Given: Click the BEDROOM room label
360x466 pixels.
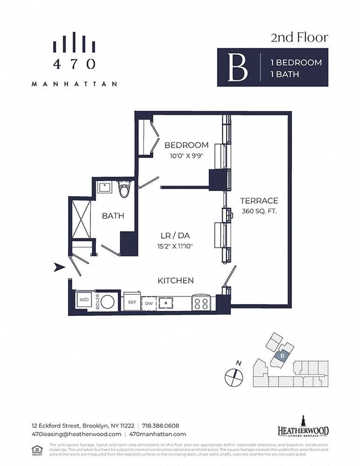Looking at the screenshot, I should [186, 145].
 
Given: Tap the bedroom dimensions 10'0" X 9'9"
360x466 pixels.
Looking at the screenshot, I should [186, 156].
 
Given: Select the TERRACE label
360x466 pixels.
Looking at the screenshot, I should [259, 201].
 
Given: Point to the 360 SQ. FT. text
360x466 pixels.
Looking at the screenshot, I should [259, 211].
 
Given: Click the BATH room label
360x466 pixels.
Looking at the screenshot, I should [112, 216].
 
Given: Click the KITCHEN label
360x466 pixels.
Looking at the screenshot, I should [175, 280].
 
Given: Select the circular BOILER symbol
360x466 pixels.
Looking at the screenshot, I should [110, 303].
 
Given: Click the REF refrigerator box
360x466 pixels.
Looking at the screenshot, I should [132, 303].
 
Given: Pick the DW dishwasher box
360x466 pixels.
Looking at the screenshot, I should [148, 304].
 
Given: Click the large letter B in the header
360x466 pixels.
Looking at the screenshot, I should [238, 68].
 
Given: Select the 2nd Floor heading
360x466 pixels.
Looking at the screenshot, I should [299, 38].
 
